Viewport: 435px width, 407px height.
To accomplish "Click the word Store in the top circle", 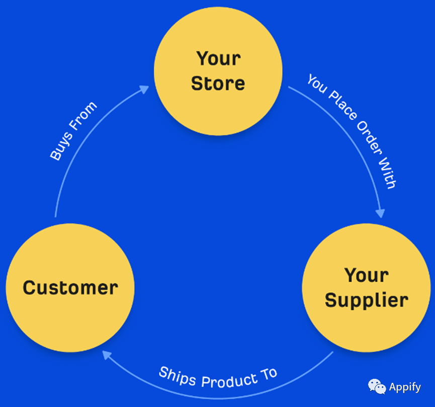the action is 218,84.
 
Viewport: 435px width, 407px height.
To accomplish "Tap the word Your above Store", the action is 219,58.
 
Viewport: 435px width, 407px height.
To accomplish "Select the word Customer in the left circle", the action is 70,288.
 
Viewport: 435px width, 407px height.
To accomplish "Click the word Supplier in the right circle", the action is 367,301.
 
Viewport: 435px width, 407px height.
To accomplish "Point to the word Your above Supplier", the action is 367,275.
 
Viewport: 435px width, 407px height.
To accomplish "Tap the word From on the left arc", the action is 83,116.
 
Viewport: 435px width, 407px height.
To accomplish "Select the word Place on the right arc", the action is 343,105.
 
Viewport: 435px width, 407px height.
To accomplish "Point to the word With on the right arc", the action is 387,173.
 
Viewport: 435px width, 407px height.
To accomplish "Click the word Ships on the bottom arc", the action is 178,376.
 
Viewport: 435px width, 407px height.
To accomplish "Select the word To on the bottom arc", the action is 269,374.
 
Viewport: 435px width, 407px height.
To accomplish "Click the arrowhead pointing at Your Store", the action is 144,90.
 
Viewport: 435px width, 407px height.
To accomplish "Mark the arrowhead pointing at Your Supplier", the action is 380,213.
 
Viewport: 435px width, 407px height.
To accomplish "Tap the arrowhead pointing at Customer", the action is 107,355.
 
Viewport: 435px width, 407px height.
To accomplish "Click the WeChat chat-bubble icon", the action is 377,386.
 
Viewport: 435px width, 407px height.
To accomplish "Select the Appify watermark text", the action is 405,387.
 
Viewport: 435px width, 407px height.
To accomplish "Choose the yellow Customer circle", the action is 70,288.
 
